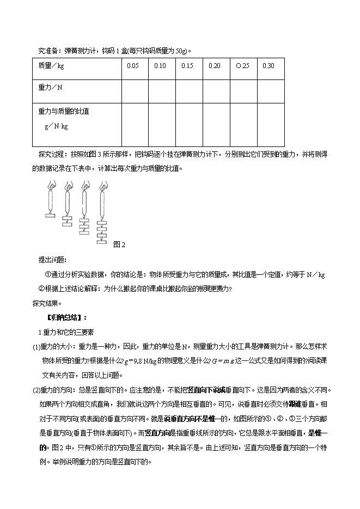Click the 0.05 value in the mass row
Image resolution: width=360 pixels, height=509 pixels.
132,66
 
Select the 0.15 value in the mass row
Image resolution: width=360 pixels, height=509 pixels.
187,66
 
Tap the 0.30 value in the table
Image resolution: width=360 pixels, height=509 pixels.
269,66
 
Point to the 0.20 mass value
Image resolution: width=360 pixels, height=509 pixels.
214,66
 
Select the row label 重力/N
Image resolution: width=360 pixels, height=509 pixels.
51,87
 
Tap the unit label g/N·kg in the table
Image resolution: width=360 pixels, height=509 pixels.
56,126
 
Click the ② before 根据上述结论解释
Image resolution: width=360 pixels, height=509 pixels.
41,289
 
